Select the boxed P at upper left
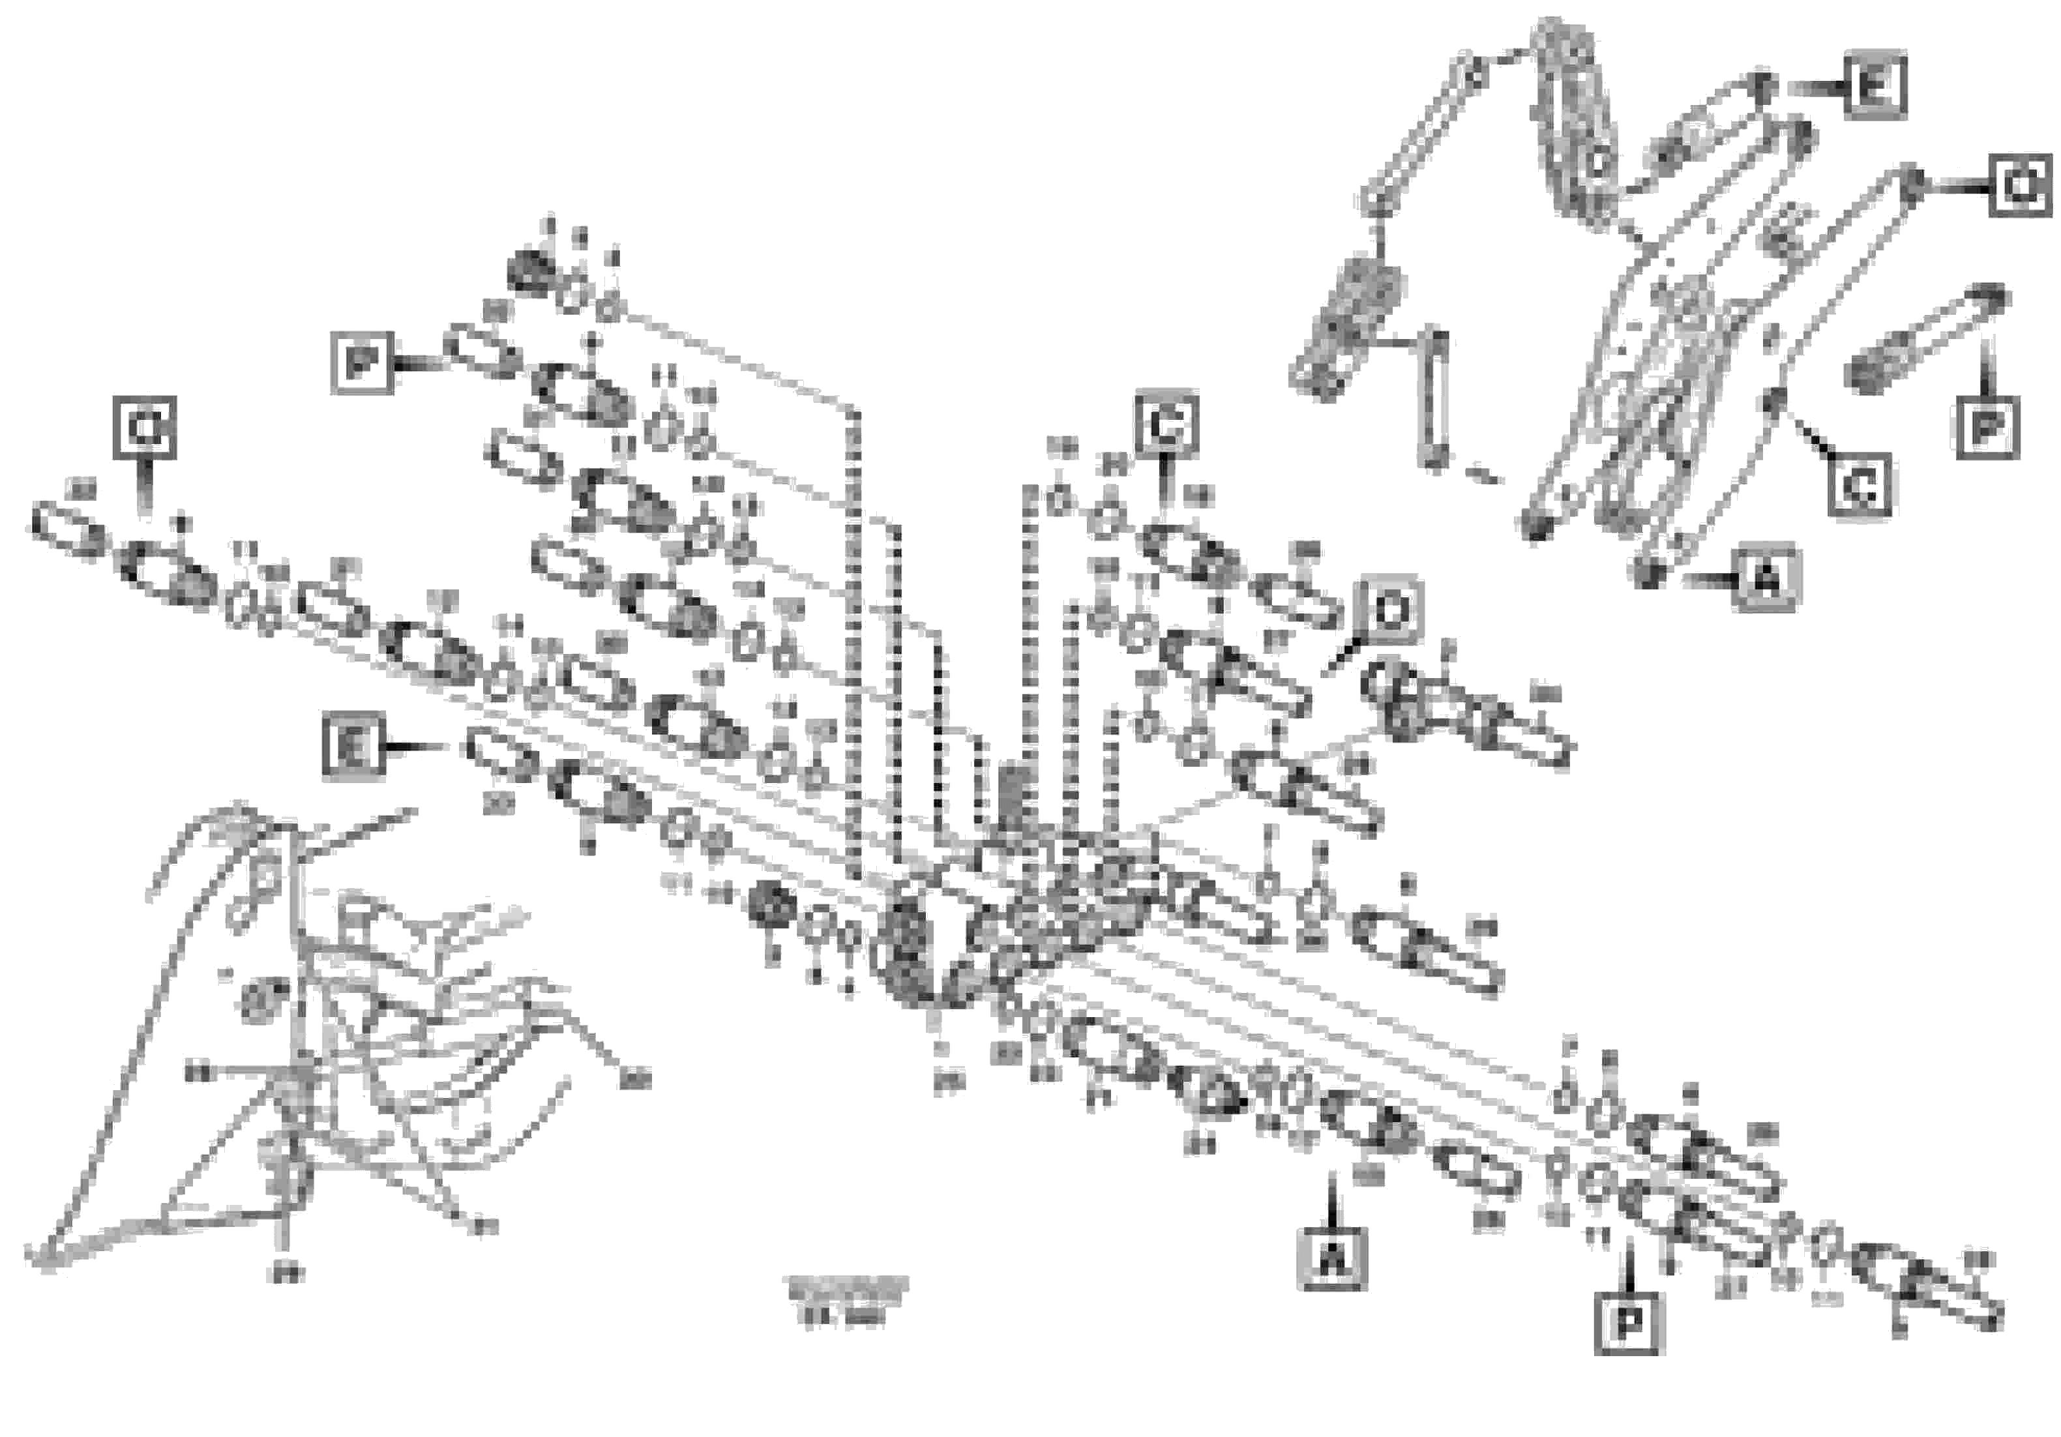pos(362,363)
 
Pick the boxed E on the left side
pos(353,746)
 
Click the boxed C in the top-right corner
pos(2020,186)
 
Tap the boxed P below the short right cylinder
pos(1987,427)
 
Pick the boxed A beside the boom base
pos(1766,579)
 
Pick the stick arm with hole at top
pos(1575,126)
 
